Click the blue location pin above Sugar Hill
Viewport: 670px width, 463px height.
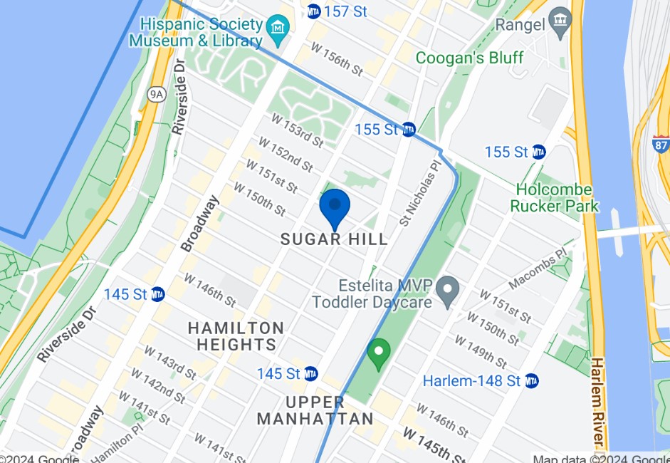tap(334, 207)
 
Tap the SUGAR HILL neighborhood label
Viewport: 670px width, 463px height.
tap(334, 239)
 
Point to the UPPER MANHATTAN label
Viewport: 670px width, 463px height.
tap(315, 410)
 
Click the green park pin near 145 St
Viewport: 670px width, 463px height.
tap(379, 353)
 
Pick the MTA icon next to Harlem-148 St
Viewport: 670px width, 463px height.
tap(531, 381)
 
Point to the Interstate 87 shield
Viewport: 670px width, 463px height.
tap(660, 142)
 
